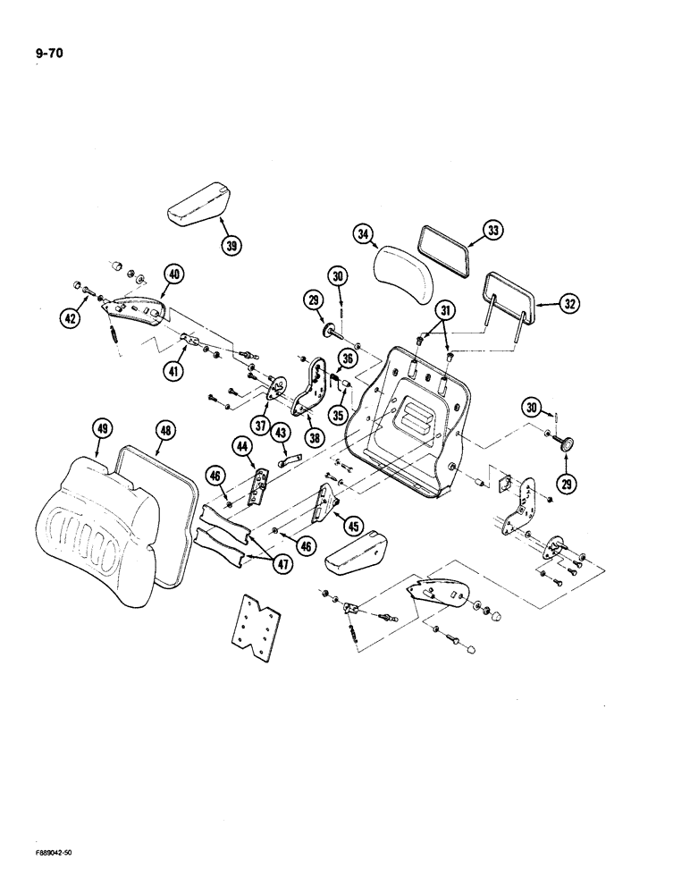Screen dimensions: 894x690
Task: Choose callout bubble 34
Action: point(363,235)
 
